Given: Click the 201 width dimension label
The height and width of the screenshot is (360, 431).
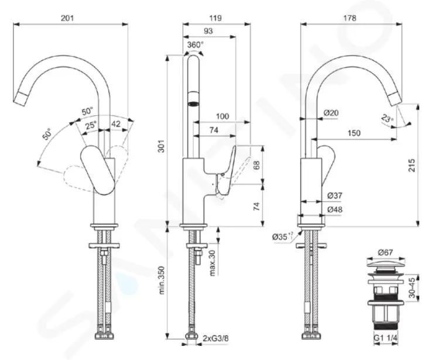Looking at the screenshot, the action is (x=67, y=18).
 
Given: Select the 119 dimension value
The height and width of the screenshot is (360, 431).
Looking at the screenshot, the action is (x=215, y=18).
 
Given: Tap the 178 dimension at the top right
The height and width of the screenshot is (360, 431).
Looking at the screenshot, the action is (x=350, y=18).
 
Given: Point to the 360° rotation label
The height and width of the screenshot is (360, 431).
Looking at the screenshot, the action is (x=196, y=44).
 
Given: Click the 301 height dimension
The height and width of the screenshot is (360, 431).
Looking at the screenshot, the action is (x=162, y=146).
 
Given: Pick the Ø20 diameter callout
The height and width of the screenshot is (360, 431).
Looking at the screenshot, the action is (x=331, y=112).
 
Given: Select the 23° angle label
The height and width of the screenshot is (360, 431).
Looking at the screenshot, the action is (x=387, y=119).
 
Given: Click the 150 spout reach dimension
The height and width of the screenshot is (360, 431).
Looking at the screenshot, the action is (x=354, y=133).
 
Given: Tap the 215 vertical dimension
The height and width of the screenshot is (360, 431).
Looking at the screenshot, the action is (x=412, y=166).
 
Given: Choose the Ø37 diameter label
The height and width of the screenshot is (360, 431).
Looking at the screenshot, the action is (x=335, y=196).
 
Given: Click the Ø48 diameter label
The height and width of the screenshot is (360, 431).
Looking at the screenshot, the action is (x=335, y=210).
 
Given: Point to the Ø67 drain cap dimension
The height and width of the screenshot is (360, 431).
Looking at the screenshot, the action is (x=385, y=252).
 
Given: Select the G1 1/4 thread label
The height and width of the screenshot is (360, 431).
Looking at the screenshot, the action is (x=385, y=338).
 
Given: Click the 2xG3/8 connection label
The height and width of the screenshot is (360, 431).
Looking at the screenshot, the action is (x=215, y=338).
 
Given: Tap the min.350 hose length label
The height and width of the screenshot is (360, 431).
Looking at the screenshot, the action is (x=162, y=280).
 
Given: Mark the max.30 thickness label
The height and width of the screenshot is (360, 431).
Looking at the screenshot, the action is (x=213, y=263).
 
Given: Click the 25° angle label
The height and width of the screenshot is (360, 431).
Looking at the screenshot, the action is (x=90, y=126).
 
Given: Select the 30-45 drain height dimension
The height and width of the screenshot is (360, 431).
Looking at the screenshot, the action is (x=412, y=287).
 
